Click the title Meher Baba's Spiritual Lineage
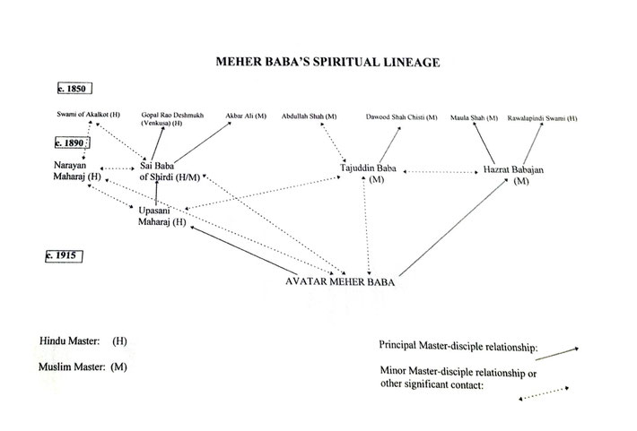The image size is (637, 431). point(327,62)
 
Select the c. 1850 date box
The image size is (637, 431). point(74,89)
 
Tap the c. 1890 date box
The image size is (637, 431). point(73,142)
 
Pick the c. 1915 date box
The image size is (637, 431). point(64,256)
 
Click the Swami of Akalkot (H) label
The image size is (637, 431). point(88,115)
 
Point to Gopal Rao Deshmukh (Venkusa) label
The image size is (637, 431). point(172,119)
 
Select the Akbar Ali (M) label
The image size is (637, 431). point(246,116)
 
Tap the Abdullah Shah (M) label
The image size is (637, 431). point(310,116)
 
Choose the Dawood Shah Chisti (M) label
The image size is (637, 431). point(401,117)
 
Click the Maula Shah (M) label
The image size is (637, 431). point(474,118)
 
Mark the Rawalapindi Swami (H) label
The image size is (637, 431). point(542,118)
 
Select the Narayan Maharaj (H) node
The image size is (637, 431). point(77,171)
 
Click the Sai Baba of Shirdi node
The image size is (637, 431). point(170,171)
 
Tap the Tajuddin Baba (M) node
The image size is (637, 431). point(368,173)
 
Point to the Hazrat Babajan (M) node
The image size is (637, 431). point(513,175)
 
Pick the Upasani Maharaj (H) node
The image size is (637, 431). point(161,216)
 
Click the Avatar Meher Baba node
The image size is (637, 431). point(340,281)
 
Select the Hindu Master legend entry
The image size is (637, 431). point(83,340)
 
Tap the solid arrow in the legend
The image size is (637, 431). point(557,354)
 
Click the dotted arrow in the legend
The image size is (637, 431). point(544,393)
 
